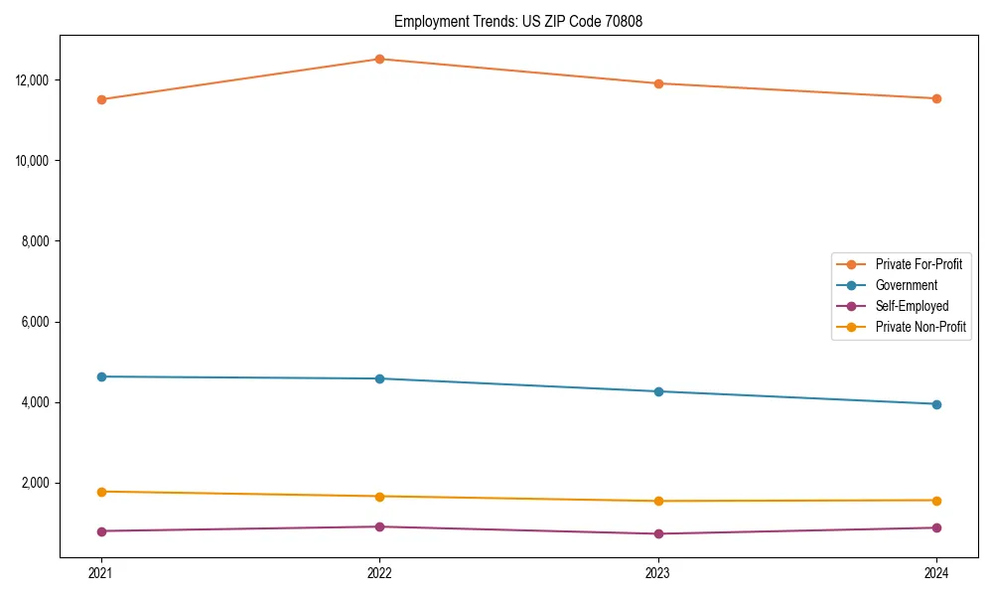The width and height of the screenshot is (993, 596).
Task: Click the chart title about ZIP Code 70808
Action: click(518, 21)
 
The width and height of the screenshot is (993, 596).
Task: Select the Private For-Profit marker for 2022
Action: click(379, 59)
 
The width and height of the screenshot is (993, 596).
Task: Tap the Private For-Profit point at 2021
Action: click(100, 99)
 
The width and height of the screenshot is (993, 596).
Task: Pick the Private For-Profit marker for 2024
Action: click(936, 98)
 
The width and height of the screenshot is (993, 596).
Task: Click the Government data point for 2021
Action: click(100, 376)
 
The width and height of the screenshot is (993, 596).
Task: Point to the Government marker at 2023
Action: click(658, 391)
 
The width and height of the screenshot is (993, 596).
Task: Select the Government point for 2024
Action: click(936, 404)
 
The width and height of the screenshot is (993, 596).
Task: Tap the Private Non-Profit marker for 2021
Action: click(100, 492)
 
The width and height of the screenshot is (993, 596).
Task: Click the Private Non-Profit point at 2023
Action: click(658, 501)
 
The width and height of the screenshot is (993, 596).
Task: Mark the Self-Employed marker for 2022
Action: click(379, 526)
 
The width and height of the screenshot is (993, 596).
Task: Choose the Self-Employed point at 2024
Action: click(936, 527)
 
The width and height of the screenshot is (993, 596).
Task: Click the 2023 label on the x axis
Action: click(658, 573)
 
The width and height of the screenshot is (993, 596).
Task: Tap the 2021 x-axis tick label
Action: click(100, 573)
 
